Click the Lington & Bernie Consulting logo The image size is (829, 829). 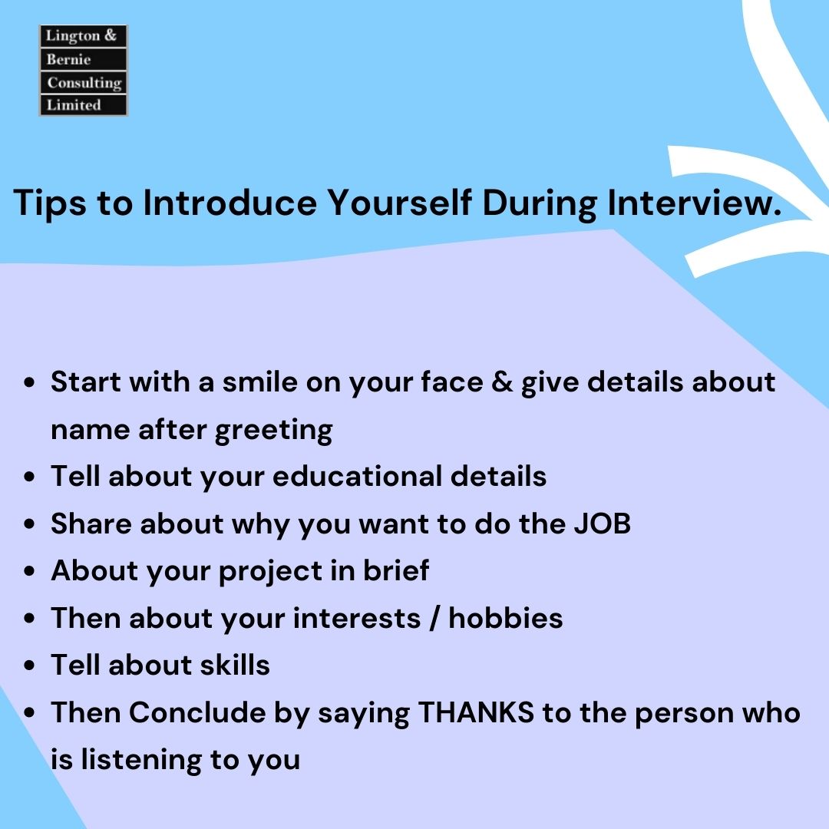pos(83,71)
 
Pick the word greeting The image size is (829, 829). pos(273,430)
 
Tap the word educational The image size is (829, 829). pos(357,477)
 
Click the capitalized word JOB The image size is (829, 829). pos(602,524)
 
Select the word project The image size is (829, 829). pos(271,572)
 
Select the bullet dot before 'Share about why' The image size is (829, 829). pos(30,525)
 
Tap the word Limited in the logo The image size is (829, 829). pos(74,105)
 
